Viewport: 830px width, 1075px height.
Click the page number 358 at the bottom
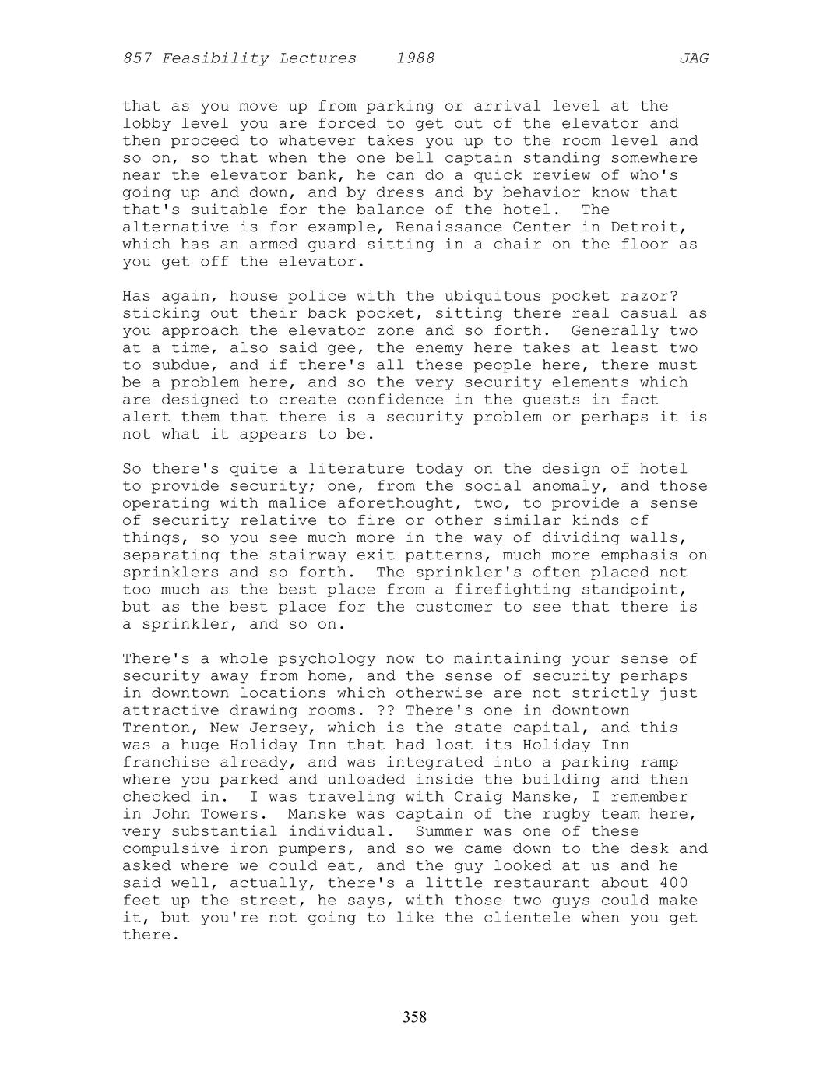coord(414,1017)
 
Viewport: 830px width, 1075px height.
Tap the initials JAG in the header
coord(693,58)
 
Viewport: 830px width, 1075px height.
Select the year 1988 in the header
coord(415,58)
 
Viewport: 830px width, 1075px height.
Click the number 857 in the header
coord(137,58)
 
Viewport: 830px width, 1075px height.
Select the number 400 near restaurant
coord(673,883)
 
